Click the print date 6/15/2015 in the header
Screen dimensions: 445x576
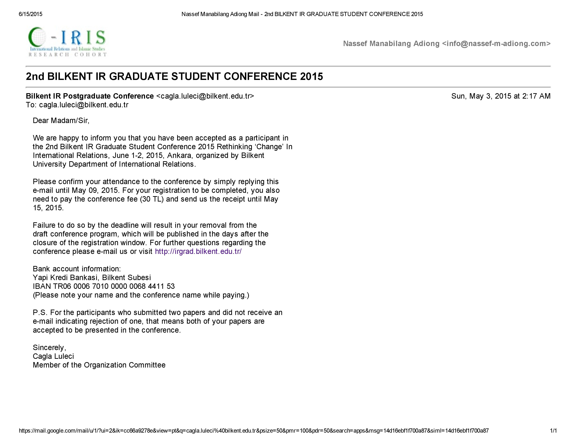pos(30,14)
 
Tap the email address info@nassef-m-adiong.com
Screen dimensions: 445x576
pos(496,43)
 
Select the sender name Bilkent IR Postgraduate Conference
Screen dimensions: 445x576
pos(90,96)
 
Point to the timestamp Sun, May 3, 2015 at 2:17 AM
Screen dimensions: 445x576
pos(501,96)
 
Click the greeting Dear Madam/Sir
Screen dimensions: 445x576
pos(61,120)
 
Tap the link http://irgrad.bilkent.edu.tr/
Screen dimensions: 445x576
pos(198,251)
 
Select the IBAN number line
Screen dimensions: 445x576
pos(104,286)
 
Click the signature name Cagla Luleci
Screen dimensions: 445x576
pos(53,356)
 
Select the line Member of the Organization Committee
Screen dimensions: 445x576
pos(99,365)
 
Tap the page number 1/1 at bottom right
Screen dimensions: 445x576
pos(553,431)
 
